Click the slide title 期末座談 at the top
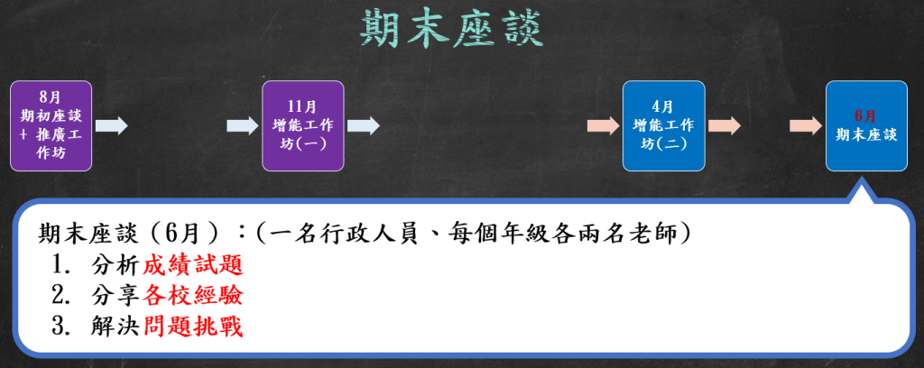point(451,28)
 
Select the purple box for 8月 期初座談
point(51,126)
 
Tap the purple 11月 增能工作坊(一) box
point(303,126)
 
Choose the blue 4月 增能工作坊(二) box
point(663,126)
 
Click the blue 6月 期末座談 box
point(866,126)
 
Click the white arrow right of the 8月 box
point(111,125)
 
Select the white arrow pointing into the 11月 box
point(243,125)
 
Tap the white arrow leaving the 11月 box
point(364,125)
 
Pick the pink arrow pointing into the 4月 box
point(604,125)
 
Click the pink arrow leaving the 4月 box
point(725,125)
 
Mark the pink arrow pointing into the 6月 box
point(806,125)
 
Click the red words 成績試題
point(193,266)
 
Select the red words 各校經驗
point(193,297)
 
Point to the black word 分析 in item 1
point(116,266)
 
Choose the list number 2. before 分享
point(60,297)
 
